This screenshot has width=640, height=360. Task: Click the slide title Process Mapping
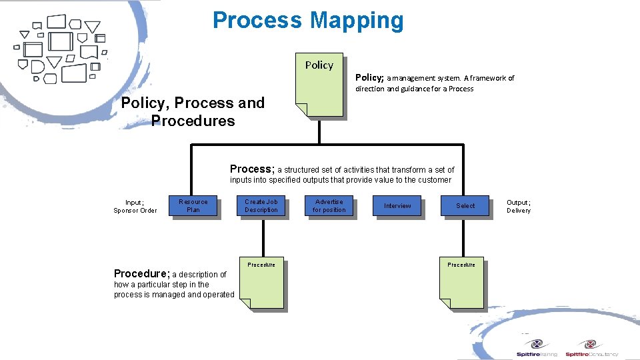(308, 21)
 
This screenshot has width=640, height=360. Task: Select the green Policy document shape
(319, 85)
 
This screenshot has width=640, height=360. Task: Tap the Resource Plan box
(193, 206)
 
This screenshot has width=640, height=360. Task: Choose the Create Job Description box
(261, 206)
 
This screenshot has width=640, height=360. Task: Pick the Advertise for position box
(329, 206)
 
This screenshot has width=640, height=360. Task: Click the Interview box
(397, 206)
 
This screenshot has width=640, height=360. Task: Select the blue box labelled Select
(465, 206)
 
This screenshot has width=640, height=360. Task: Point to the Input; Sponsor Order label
(135, 207)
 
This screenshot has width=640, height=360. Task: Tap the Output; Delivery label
(519, 207)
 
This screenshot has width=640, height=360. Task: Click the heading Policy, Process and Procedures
(193, 112)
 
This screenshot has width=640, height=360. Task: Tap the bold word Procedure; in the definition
(141, 273)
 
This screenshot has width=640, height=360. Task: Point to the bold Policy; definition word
(369, 77)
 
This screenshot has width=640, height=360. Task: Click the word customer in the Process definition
(435, 180)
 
